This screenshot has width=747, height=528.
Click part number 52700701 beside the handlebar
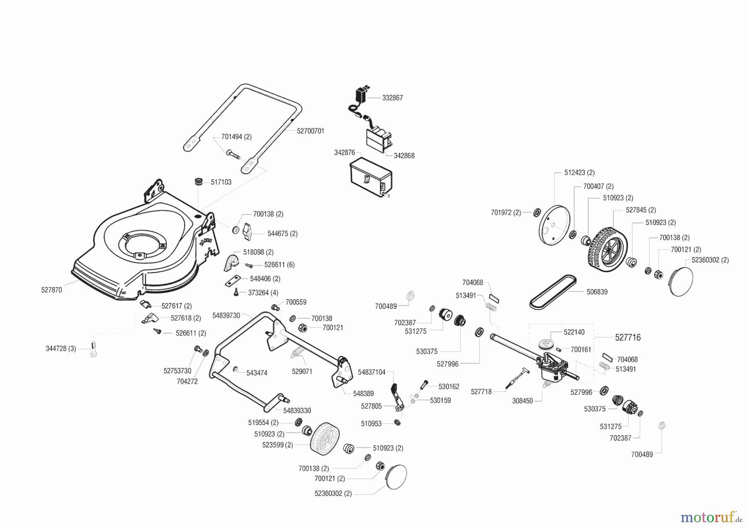[x=310, y=131]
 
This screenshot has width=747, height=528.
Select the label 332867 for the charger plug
[x=392, y=98]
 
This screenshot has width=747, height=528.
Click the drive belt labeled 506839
[x=553, y=292]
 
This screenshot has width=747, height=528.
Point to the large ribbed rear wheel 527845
[x=607, y=249]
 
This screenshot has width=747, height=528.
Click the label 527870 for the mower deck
[x=51, y=290]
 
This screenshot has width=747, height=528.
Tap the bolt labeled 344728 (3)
[x=93, y=349]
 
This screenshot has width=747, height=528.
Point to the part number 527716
[x=628, y=337]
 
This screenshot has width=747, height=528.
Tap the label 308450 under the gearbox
[x=522, y=401]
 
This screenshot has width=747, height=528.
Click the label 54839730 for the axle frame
[x=226, y=315]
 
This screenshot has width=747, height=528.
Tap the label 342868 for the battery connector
[x=404, y=156]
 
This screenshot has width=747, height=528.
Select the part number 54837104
[x=372, y=372]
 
